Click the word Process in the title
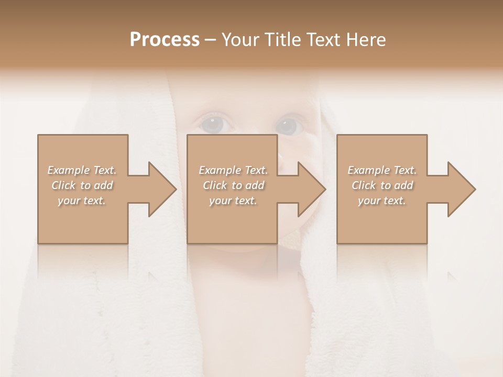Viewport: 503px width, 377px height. pos(165,40)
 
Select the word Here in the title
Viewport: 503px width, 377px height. pos(367,40)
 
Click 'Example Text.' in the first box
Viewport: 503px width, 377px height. pos(82,170)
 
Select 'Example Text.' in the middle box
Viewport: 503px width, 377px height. pos(233,170)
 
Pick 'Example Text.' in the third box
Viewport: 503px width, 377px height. pos(382,170)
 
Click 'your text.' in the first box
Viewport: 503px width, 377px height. pos(82,201)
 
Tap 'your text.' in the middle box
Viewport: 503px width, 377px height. pos(233,201)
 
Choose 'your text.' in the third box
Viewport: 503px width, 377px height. pos(382,201)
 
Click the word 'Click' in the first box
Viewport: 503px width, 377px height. pos(63,185)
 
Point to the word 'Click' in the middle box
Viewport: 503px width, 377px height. pos(215,185)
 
